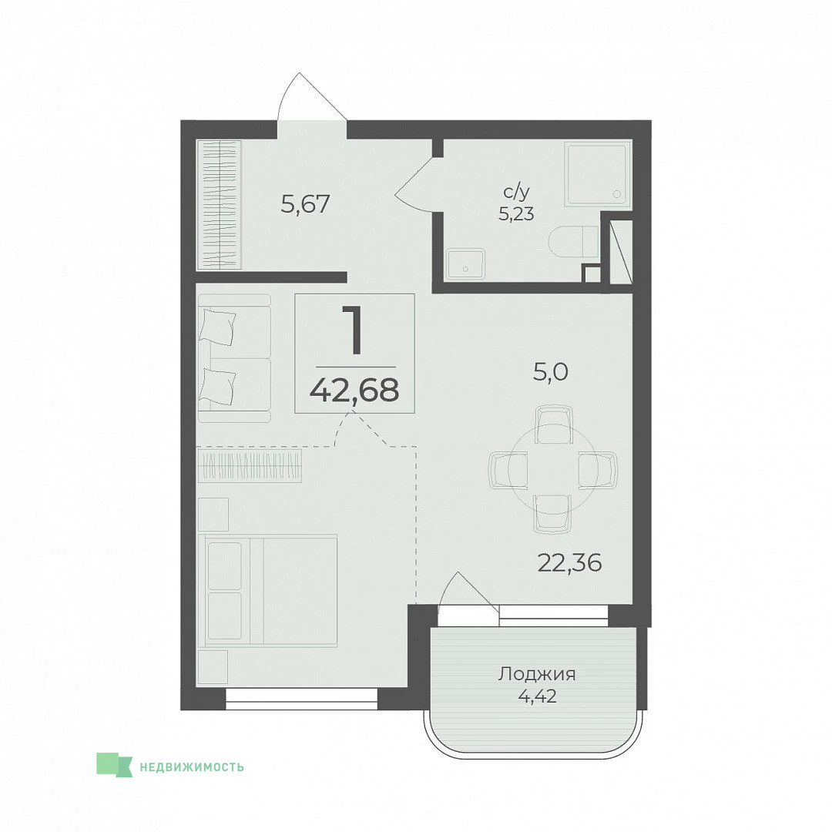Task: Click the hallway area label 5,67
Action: [306, 204]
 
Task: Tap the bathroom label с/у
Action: [517, 192]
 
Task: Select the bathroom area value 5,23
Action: [516, 214]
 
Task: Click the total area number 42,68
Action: [354, 391]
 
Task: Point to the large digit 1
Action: [353, 330]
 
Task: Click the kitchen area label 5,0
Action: [550, 373]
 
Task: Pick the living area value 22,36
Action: [570, 562]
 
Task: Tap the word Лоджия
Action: [537, 674]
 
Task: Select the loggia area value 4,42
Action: [537, 696]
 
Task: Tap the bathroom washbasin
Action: [465, 264]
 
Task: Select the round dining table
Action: [553, 469]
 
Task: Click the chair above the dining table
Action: [553, 424]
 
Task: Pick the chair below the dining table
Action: [552, 514]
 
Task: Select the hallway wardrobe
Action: [219, 204]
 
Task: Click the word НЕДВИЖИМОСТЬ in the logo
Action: [192, 767]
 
